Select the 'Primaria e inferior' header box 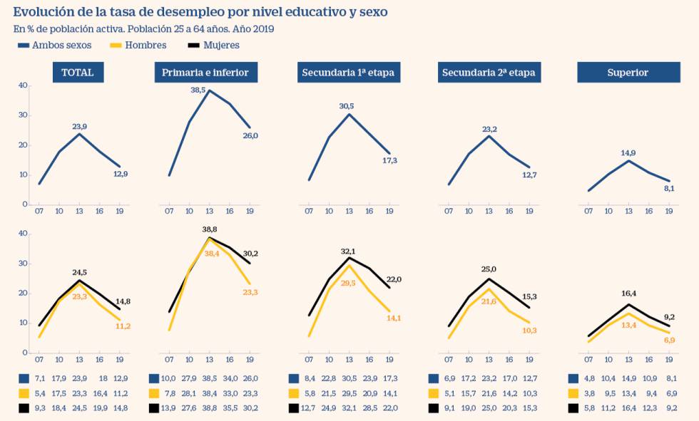point(206,72)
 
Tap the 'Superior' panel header point(628,72)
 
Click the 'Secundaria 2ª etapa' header point(489,72)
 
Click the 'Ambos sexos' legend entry point(58,45)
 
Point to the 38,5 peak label point(198,90)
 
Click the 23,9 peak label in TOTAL point(81,127)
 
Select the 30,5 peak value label point(347,106)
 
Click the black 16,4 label point(628,293)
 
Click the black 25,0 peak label point(489,269)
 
